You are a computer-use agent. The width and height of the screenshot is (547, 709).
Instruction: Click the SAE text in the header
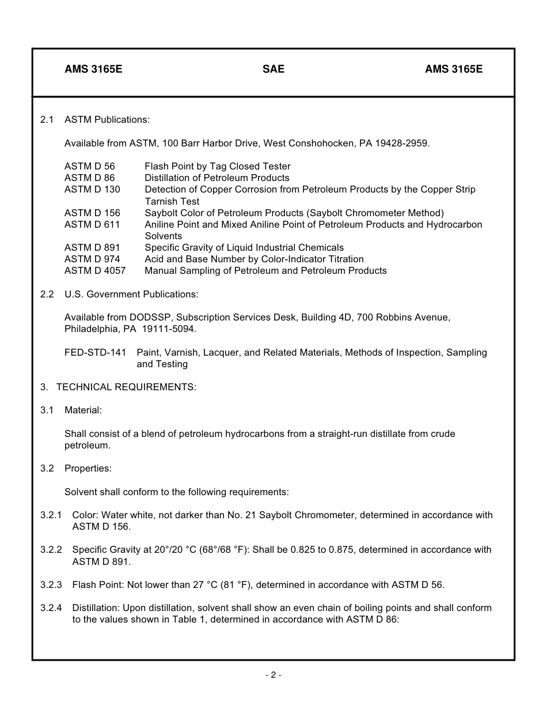273,69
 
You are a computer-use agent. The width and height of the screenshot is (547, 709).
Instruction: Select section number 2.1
47,119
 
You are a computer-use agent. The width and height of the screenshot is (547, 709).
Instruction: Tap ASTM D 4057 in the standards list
94,270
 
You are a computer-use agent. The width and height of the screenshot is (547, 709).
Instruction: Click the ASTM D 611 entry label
92,224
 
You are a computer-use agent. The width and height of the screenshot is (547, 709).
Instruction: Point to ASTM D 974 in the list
92,259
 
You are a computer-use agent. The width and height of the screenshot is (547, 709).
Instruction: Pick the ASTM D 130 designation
92,189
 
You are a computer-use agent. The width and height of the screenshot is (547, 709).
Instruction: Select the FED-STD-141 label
95,352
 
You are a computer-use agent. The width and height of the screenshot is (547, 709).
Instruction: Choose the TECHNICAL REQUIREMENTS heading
126,387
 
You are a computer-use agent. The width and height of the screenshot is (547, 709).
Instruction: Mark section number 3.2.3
51,584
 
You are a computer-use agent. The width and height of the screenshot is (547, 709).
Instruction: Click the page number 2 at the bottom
273,675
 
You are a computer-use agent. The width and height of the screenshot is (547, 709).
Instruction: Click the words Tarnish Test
172,201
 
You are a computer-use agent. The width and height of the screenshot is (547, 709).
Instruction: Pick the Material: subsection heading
83,410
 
